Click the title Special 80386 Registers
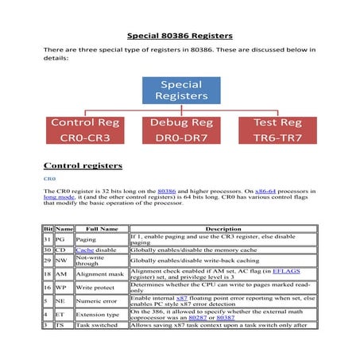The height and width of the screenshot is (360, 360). tap(180, 36)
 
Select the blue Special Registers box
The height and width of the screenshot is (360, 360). tap(181, 90)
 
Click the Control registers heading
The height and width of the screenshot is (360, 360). tap(83, 165)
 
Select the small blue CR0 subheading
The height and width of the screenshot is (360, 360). tap(48, 180)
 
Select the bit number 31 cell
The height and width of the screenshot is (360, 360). tap(48, 239)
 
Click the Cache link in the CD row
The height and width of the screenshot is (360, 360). tap(83, 250)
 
